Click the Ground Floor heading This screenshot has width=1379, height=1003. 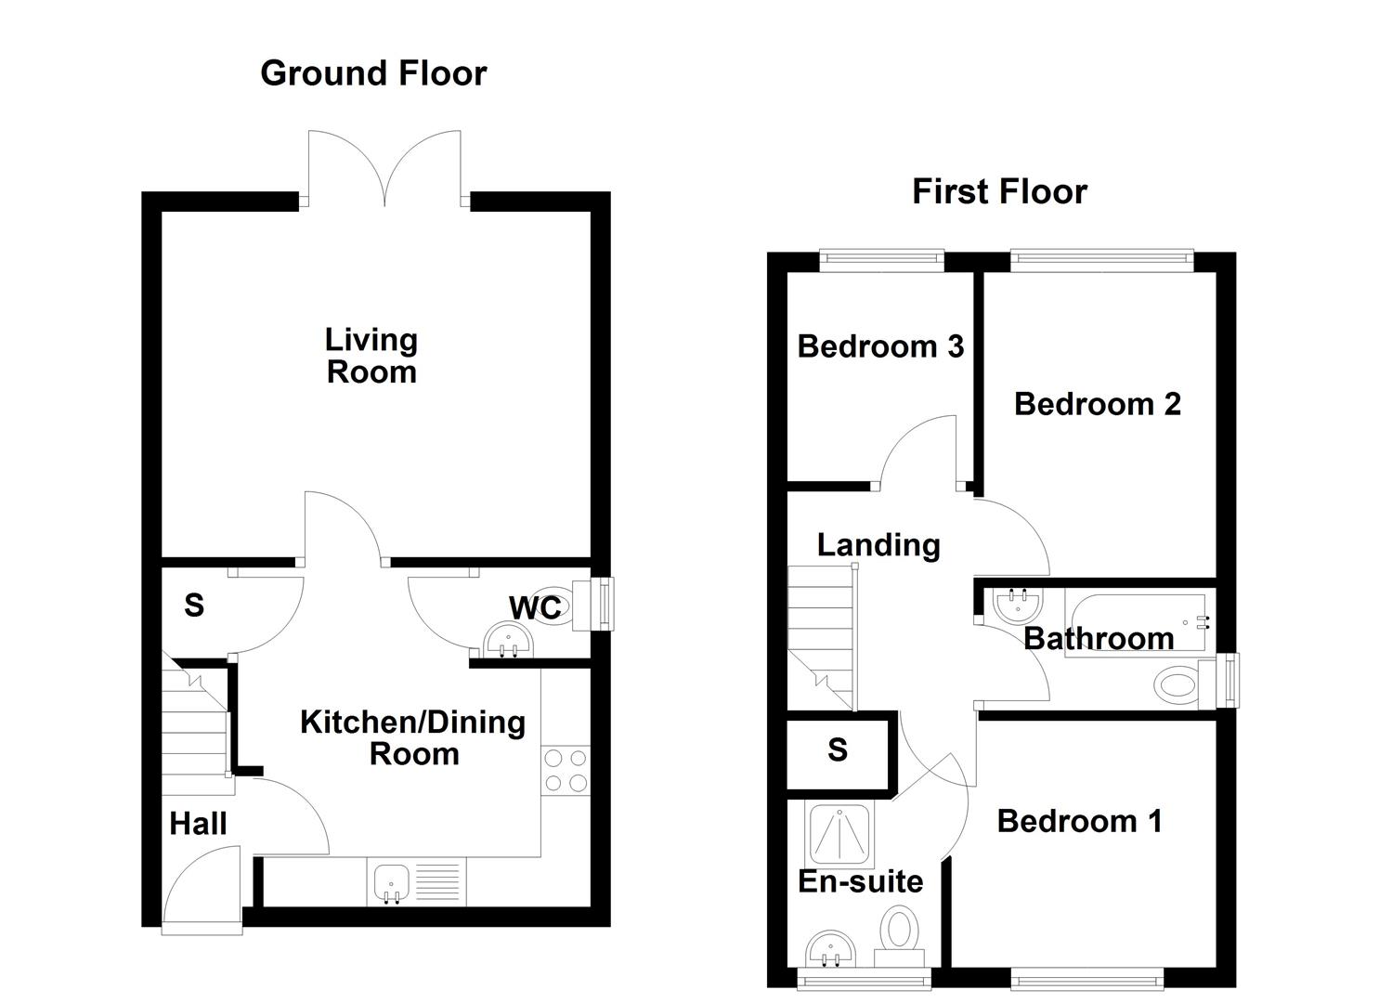point(373,73)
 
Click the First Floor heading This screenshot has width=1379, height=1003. point(999,191)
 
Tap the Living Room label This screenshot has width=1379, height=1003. point(371,356)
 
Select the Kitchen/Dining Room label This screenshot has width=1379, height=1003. point(412,737)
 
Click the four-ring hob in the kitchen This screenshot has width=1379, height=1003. point(566,770)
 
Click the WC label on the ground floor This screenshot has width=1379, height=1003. point(535,607)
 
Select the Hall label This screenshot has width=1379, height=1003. point(198,823)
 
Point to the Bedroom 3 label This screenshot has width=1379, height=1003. point(880,346)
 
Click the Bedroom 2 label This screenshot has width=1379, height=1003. point(1097,404)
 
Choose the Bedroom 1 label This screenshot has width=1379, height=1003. point(1079,821)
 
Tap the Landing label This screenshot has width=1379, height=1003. point(878,545)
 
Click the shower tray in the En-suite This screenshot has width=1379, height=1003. point(840,834)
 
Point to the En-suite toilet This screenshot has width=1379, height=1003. point(900,931)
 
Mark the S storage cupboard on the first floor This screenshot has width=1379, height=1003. point(838,749)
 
